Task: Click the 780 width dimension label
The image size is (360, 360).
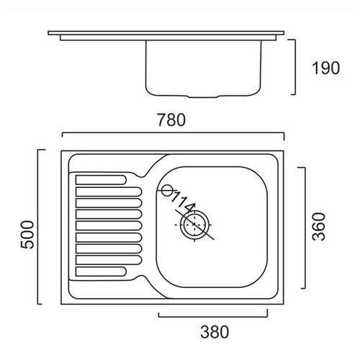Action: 171,120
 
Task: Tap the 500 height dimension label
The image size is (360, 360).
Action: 27,235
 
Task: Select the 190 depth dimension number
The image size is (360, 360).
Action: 325,68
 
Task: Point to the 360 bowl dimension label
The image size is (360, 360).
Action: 319,227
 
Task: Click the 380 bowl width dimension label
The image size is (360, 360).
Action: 215,332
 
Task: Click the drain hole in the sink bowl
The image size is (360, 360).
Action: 194,225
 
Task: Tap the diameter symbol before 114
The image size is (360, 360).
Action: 166,191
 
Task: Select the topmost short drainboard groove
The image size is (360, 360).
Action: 101,180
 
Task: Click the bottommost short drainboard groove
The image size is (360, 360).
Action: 101,271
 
